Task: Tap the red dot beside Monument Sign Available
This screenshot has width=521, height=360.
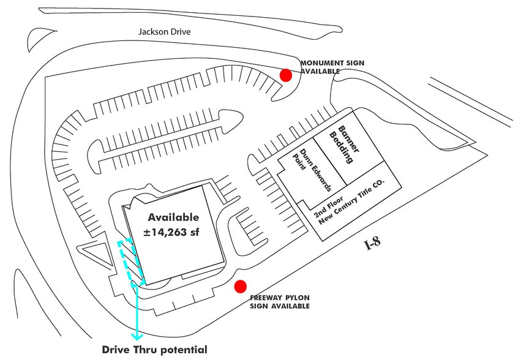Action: point(285,75)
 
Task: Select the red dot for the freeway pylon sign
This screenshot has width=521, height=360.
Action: point(241,285)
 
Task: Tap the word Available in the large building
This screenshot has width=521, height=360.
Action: point(174,217)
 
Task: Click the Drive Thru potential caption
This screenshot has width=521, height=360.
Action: point(154,350)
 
